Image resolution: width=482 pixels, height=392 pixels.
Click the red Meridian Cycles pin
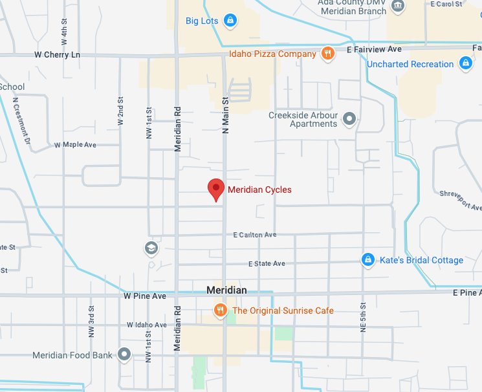[x=215, y=189]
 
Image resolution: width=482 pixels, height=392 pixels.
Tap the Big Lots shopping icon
[x=228, y=21]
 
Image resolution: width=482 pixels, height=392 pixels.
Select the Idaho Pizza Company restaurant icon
[x=328, y=54]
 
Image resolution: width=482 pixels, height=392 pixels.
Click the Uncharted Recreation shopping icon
[x=465, y=63]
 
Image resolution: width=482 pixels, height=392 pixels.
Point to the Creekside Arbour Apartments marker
[x=349, y=118]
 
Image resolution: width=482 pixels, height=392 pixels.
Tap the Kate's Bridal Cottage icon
[x=367, y=260]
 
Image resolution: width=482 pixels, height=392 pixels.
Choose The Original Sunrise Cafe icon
[x=221, y=310]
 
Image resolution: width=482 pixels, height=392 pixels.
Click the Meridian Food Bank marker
[x=124, y=354]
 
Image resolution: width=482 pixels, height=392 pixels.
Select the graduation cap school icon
[x=151, y=248]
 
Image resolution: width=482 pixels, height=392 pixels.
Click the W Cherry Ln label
[x=57, y=55]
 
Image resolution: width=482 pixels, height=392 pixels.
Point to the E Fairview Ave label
[x=374, y=49]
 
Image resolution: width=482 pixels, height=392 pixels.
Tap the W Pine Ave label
[x=145, y=296]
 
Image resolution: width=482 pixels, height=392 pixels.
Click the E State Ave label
[x=267, y=264]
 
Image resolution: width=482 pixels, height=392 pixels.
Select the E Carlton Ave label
[x=255, y=235]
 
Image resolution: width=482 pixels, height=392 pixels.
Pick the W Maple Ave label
[x=75, y=145]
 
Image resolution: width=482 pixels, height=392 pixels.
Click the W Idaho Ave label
[x=147, y=325]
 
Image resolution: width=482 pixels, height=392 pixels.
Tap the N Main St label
[x=226, y=115]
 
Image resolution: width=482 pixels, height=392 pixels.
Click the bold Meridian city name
[x=226, y=290]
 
